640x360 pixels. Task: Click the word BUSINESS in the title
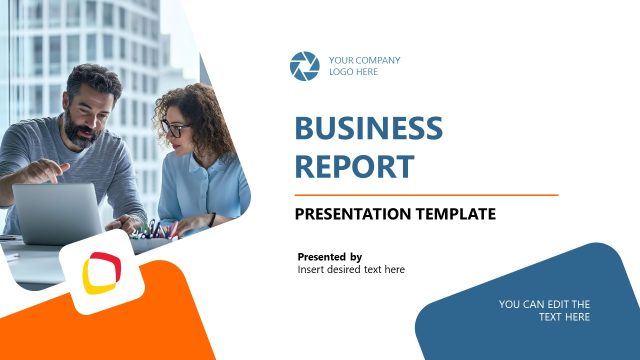pyautogui.click(x=368, y=128)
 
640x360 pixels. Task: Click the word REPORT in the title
pyautogui.click(x=354, y=165)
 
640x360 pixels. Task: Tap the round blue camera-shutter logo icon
pyautogui.click(x=304, y=66)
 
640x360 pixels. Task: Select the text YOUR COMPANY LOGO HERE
pyautogui.click(x=364, y=66)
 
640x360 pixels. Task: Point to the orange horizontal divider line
pyautogui.click(x=426, y=194)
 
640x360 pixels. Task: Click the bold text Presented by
pyautogui.click(x=330, y=257)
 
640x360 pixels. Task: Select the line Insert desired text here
pyautogui.click(x=351, y=270)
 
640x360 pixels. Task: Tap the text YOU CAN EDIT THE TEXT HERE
pyautogui.click(x=544, y=310)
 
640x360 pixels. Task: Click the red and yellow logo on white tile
pyautogui.click(x=101, y=271)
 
